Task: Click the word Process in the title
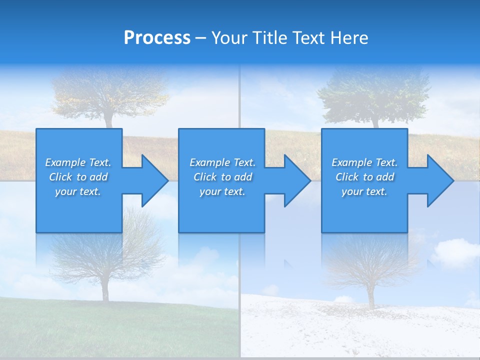coord(157,38)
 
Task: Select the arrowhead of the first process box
coord(153,180)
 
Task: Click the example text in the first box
coord(78,177)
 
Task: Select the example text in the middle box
coord(222,177)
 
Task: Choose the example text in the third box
coord(364,177)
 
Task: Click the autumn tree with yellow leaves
coord(110,92)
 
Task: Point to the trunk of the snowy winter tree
coord(371,297)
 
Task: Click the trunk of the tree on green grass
coord(105,290)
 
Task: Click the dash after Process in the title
coord(201,38)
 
